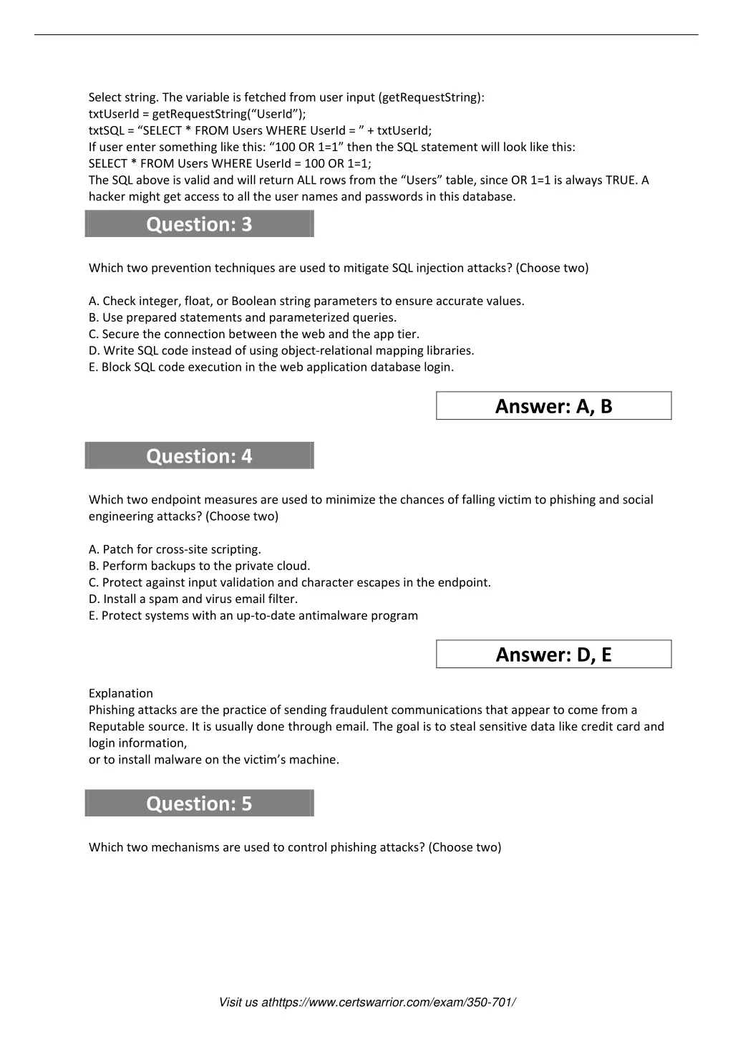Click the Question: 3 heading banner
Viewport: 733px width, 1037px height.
point(199,224)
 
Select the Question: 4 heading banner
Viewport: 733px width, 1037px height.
point(199,456)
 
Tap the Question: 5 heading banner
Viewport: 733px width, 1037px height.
point(199,804)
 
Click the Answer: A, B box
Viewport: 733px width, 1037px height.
point(553,406)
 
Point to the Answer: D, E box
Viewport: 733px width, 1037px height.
point(553,655)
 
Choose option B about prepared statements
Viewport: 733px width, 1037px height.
point(242,317)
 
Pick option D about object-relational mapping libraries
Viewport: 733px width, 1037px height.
point(281,350)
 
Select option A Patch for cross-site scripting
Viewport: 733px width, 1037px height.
point(175,549)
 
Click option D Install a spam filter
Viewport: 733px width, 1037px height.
point(193,599)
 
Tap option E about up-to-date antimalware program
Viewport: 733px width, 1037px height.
point(253,615)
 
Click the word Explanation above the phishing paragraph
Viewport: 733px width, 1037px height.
point(120,693)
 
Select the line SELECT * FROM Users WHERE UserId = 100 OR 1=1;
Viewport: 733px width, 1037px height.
point(230,163)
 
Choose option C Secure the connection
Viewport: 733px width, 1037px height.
point(253,334)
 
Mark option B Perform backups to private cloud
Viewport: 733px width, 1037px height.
point(199,566)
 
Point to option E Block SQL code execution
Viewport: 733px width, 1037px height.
point(271,367)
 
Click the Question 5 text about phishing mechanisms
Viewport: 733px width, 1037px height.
point(294,847)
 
